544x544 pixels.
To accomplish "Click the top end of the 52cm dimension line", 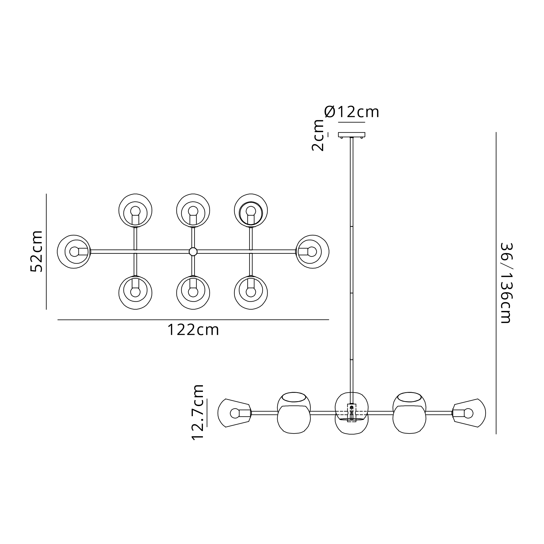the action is pyautogui.click(x=46, y=194).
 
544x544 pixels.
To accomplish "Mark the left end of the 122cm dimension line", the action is pyautogui.click(x=58, y=320).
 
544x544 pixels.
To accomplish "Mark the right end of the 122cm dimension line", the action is pyautogui.click(x=329, y=320).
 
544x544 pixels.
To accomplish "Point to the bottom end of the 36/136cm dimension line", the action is pyautogui.click(x=496, y=434).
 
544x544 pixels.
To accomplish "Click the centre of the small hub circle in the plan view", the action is pyautogui.click(x=193, y=252).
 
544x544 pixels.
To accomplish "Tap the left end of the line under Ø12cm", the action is pyautogui.click(x=338, y=122).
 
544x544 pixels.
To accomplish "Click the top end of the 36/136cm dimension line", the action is pyautogui.click(x=496, y=132).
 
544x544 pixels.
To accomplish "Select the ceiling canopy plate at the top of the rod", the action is pyautogui.click(x=352, y=135).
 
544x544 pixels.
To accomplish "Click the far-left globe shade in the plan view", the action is pyautogui.click(x=74, y=252).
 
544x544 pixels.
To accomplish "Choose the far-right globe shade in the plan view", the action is pyautogui.click(x=313, y=252).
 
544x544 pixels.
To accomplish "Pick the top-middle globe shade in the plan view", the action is pyautogui.click(x=193, y=211).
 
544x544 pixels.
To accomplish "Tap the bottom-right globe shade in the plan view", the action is pyautogui.click(x=251, y=293).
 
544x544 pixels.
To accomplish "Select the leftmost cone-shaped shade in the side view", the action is pyautogui.click(x=234, y=413).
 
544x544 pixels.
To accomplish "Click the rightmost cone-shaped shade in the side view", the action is pyautogui.click(x=469, y=413).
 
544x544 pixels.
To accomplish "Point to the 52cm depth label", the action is pyautogui.click(x=37, y=251).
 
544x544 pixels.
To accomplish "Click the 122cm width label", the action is pyautogui.click(x=193, y=330).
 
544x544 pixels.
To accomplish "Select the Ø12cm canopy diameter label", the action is pyautogui.click(x=352, y=112).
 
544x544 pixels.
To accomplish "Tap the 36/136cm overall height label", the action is pyautogui.click(x=506, y=283).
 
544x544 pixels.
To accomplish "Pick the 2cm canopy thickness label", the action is pyautogui.click(x=318, y=135).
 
